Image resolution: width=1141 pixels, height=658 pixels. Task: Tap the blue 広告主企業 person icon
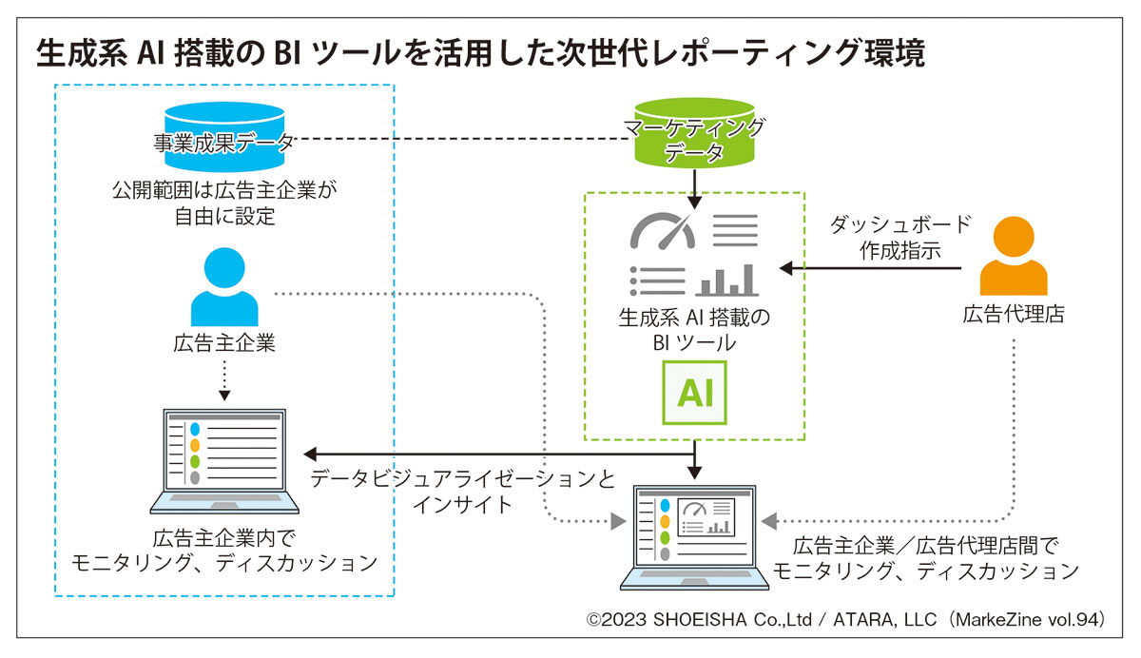tap(224, 287)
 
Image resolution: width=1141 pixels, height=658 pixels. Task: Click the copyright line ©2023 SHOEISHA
tap(845, 620)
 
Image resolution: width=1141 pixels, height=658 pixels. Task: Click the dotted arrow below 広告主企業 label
tap(224, 380)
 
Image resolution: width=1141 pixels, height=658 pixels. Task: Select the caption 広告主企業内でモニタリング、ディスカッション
tap(224, 552)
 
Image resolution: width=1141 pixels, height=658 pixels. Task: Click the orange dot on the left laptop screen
tap(196, 445)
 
